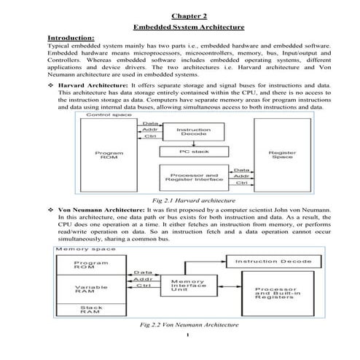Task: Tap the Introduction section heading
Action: (71, 37)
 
